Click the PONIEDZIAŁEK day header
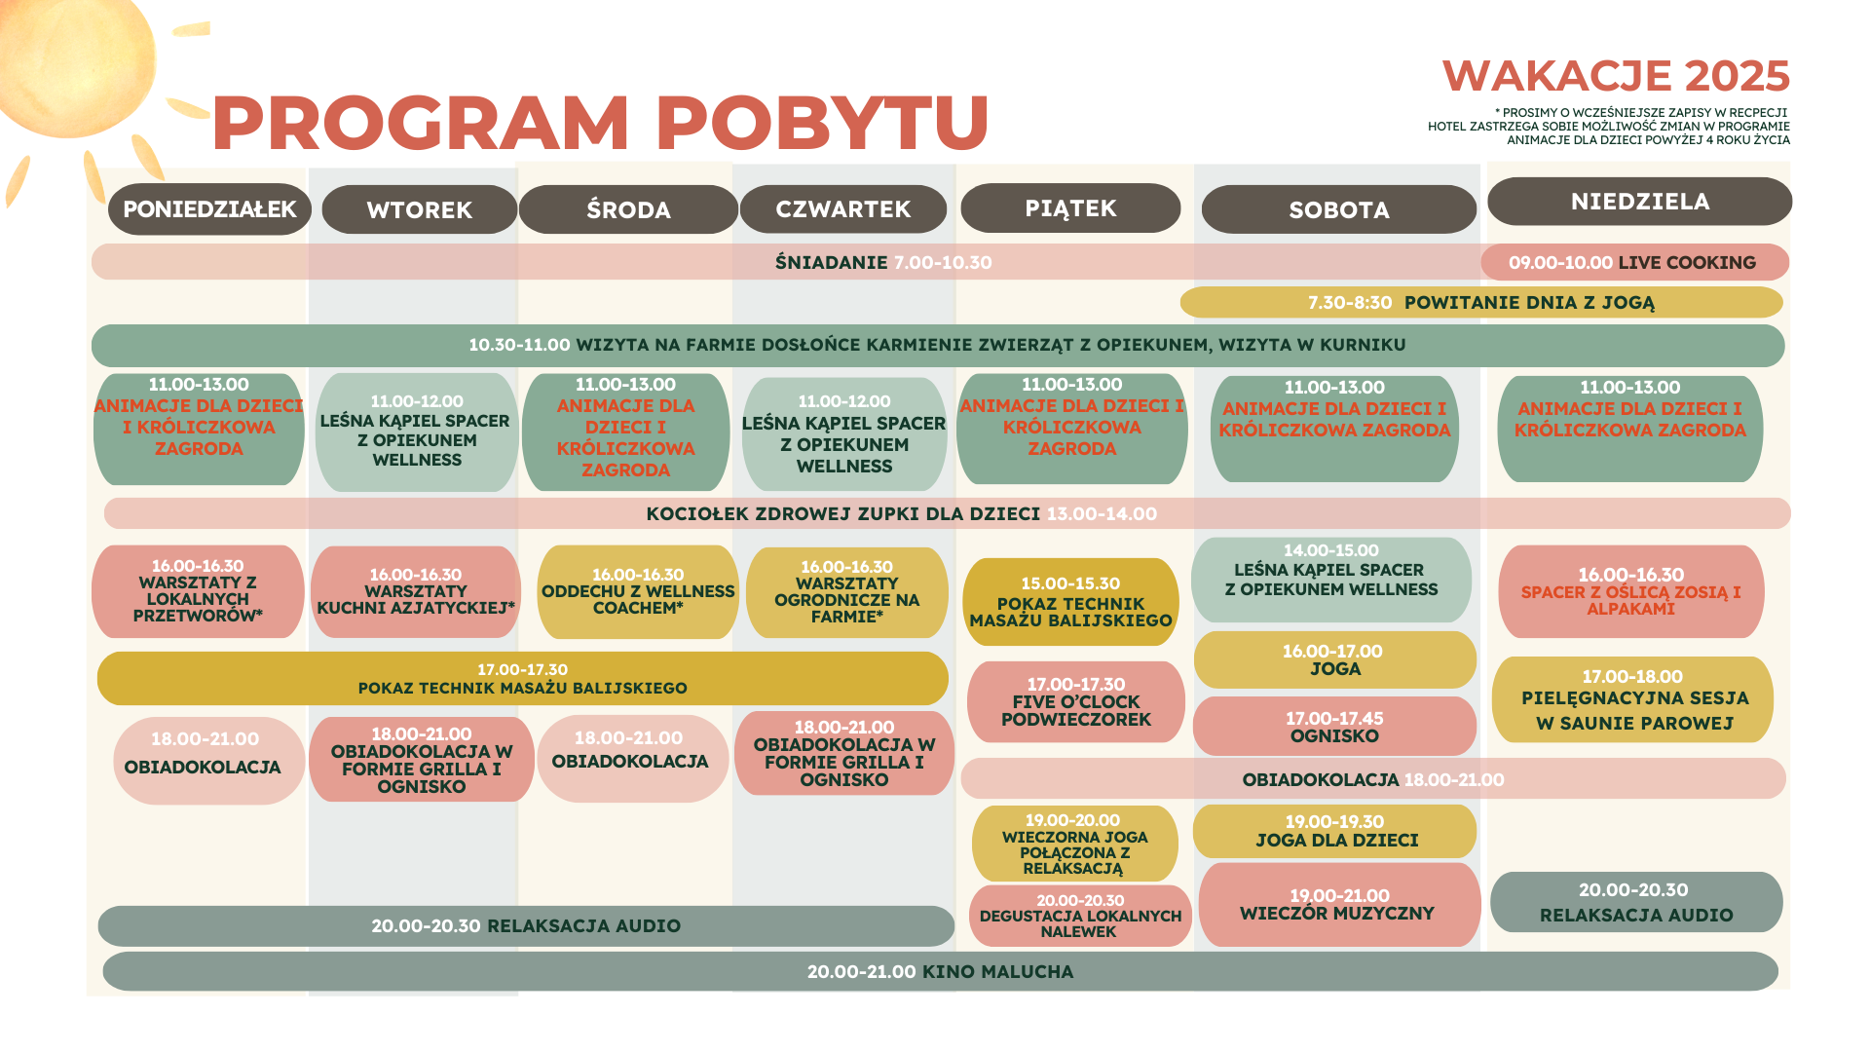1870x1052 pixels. [209, 209]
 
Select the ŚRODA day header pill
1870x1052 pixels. [628, 209]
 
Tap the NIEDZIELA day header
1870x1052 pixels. [1640, 202]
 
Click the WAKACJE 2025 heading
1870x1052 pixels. [1616, 76]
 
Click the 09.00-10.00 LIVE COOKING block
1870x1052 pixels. [1634, 262]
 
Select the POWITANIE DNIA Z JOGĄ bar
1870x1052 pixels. [1481, 302]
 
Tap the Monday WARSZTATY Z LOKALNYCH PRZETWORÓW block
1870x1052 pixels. [198, 591]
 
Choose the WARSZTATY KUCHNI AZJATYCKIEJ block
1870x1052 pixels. [416, 591]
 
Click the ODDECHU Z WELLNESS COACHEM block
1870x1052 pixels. [638, 591]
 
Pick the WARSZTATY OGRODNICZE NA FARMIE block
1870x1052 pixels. [846, 592]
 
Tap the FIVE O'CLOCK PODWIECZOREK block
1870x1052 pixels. [1076, 702]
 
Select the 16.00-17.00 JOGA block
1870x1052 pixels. [1335, 660]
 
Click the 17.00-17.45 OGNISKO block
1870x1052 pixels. [1335, 727]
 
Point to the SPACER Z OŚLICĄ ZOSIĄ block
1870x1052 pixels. [1631, 591]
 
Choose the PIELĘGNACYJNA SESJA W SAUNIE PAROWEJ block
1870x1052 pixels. [1633, 699]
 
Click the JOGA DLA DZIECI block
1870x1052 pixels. [1335, 832]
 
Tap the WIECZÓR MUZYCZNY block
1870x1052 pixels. [1339, 905]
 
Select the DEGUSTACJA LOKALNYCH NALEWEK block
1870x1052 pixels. [1080, 916]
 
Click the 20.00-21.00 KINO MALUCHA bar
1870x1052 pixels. [941, 971]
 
